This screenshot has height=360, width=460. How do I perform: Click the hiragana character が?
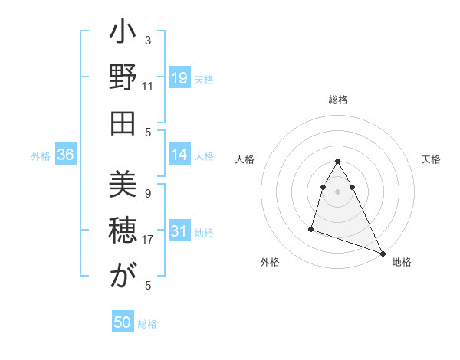(x=123, y=277)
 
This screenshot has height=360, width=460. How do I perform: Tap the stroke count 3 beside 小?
(x=148, y=40)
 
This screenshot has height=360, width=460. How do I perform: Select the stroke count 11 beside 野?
(x=148, y=86)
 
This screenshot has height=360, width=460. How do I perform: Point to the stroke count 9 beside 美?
(x=148, y=193)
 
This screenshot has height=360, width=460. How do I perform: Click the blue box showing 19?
(x=179, y=78)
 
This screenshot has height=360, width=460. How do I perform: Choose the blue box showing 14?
(x=179, y=155)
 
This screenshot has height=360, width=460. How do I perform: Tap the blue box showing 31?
(x=179, y=231)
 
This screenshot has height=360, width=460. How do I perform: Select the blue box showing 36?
(x=66, y=155)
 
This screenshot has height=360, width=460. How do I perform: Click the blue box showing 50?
(x=123, y=322)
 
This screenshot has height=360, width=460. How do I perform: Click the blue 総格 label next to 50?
(x=147, y=324)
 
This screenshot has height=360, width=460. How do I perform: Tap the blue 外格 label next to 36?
(x=41, y=156)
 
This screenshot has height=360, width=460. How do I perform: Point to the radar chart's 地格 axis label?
(x=402, y=262)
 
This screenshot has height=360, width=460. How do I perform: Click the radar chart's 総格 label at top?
(x=338, y=100)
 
